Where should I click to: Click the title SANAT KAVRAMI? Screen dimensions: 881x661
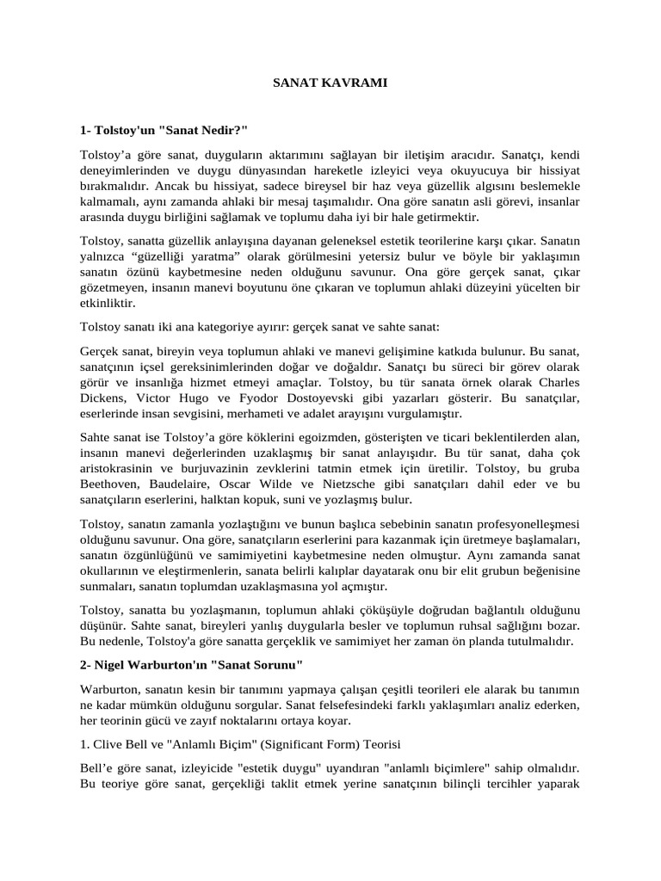tap(330, 83)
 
